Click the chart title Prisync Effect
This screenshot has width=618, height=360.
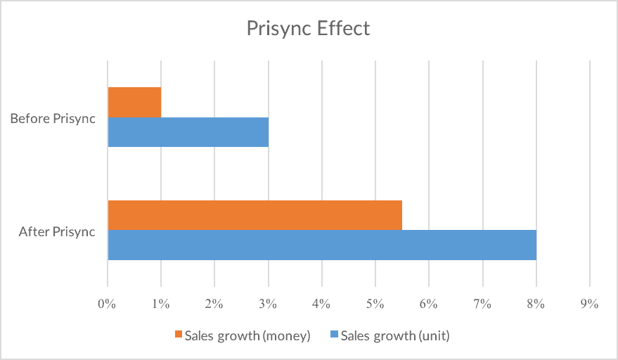[x=308, y=29]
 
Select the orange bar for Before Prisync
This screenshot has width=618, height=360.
[x=134, y=102]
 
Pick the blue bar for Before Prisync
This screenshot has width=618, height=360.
[x=188, y=131]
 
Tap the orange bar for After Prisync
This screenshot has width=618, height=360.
[x=255, y=215]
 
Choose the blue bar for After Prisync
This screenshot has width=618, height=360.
[x=322, y=245]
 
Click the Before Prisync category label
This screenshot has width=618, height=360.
[x=53, y=118]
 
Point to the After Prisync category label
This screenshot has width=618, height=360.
[x=57, y=231]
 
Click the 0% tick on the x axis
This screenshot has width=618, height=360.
[x=107, y=304]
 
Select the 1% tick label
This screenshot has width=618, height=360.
[x=160, y=304]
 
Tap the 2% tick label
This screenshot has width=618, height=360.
[x=214, y=304]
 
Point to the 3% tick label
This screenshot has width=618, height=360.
[x=268, y=304]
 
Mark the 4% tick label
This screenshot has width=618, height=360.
[x=321, y=304]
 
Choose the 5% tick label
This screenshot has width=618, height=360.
[x=375, y=304]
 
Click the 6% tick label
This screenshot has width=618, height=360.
[x=428, y=304]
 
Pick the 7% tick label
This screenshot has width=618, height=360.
[x=482, y=304]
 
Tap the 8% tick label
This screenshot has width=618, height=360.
[x=536, y=304]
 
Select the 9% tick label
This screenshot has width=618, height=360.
[x=589, y=304]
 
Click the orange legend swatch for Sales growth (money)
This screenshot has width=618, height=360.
[x=179, y=335]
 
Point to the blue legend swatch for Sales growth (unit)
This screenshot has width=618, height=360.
[x=334, y=335]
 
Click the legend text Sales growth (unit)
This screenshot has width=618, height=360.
[x=395, y=335]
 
